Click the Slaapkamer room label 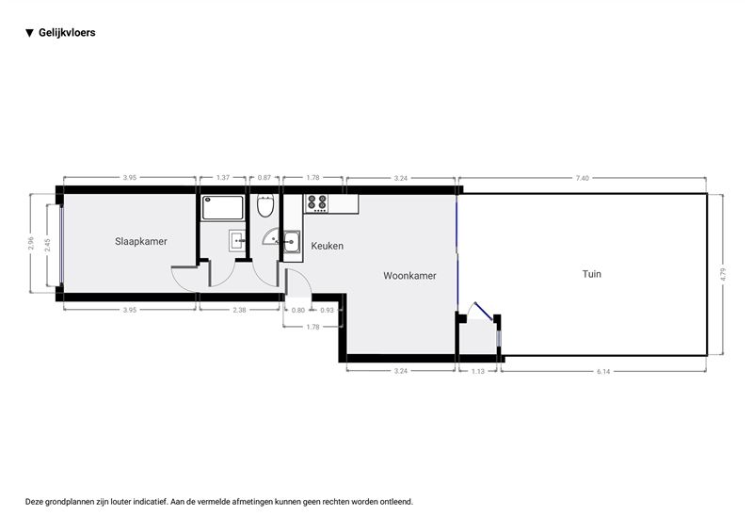(140, 241)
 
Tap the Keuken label (327, 246)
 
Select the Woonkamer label (409, 276)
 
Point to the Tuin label (592, 274)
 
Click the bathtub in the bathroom (223, 207)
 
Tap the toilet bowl (265, 205)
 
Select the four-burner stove (317, 203)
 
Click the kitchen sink (292, 242)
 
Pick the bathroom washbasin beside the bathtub (237, 240)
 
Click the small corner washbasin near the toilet (271, 237)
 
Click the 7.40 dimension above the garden (582, 178)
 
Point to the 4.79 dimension (723, 274)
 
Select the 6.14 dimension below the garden (603, 372)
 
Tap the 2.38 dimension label (239, 310)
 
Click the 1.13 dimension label (478, 372)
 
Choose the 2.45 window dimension (47, 245)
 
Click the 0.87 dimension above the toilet (264, 178)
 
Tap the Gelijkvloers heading (67, 33)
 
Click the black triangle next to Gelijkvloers (30, 33)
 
